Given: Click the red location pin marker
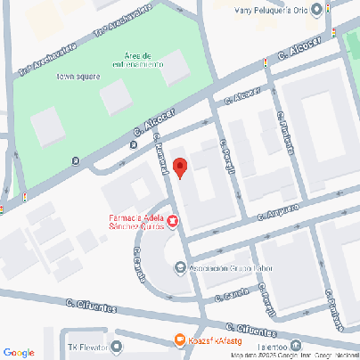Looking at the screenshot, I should click(179, 168).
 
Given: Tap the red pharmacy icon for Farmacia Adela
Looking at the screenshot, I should click(173, 222).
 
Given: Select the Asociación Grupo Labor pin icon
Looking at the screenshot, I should click(181, 266).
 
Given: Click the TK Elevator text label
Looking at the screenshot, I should click(87, 346).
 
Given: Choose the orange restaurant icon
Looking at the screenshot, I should click(179, 340).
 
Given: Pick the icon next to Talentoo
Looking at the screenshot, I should click(295, 346).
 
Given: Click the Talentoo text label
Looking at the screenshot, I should click(268, 346).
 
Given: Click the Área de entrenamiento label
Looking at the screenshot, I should click(137, 60).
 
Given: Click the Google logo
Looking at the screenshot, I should click(18, 352).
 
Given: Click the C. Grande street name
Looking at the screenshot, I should click(140, 261).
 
